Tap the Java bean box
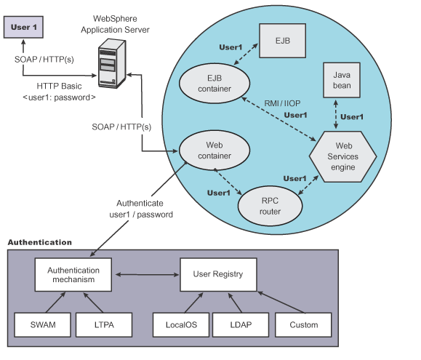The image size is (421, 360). (342, 81)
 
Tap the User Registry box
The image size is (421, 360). (218, 275)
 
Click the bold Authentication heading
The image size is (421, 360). (39, 241)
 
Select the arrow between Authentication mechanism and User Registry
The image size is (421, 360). (145, 275)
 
